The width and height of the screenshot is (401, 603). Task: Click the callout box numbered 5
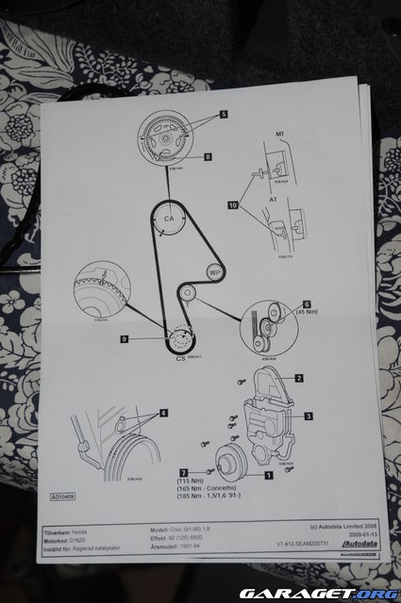(223, 114)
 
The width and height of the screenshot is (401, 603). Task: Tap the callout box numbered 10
(232, 204)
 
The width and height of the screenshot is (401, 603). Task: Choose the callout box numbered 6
(305, 304)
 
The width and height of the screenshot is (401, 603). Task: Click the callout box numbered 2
(298, 378)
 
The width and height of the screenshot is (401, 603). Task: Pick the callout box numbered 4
(163, 412)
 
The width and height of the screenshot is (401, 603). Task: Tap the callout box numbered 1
(269, 476)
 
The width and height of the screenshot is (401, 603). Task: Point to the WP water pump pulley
(214, 271)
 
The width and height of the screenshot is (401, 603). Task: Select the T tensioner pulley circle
(189, 295)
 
